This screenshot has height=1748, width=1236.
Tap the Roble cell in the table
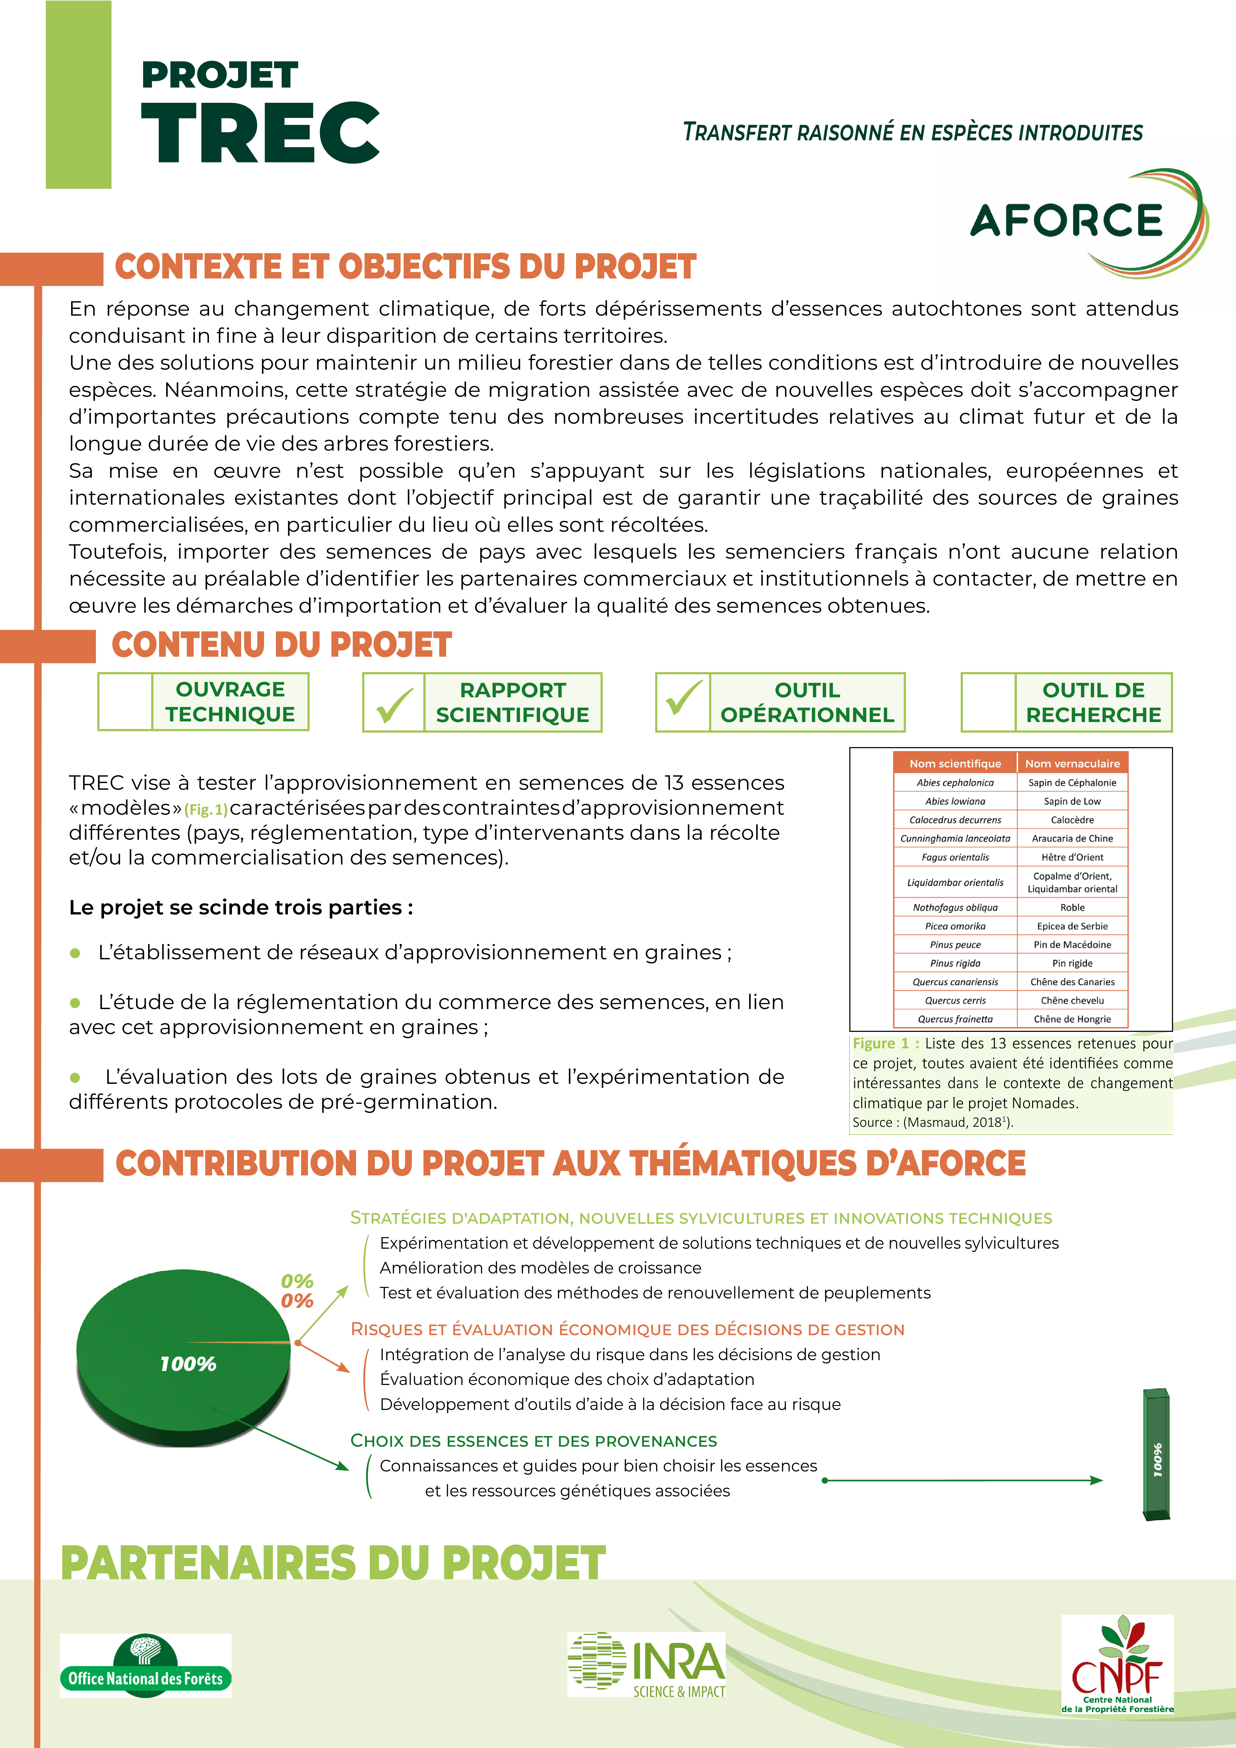pos(1072,907)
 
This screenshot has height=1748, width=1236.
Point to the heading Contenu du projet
pos(282,645)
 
